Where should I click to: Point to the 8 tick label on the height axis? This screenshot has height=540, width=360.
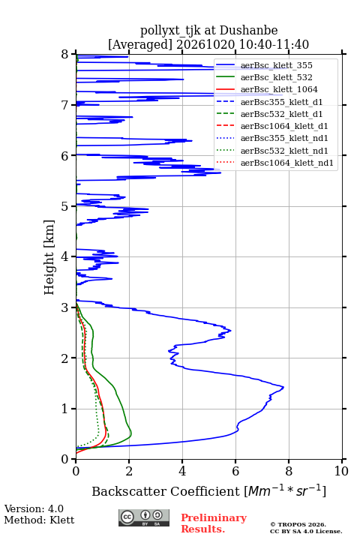point(65,55)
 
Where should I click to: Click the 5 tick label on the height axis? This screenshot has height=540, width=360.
point(65,206)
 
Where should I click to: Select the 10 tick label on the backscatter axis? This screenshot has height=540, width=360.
point(341,471)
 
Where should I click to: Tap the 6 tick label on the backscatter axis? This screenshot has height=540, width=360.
point(235,471)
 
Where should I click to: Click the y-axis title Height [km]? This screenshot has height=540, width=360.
point(49,257)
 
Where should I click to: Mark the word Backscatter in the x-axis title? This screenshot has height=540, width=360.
point(130,491)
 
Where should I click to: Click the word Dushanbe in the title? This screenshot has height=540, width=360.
point(248,31)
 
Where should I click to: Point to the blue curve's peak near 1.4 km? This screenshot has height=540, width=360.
point(283,388)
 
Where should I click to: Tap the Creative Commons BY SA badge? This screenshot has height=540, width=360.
point(144,517)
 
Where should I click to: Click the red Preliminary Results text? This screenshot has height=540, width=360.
point(214,523)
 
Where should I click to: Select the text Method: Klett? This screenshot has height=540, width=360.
point(39,520)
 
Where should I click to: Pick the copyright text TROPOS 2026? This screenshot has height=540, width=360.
point(298,524)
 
